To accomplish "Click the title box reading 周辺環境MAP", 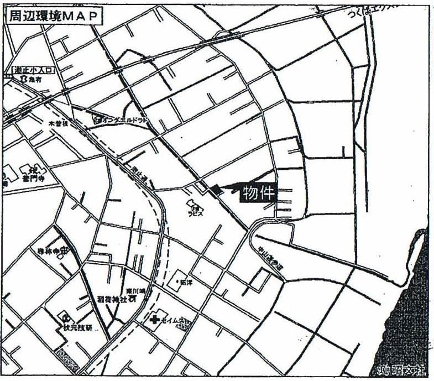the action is pyautogui.click(x=54, y=17).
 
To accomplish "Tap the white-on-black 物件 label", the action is pyautogui.click(x=258, y=193).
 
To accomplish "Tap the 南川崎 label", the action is pyautogui.click(x=135, y=289).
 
